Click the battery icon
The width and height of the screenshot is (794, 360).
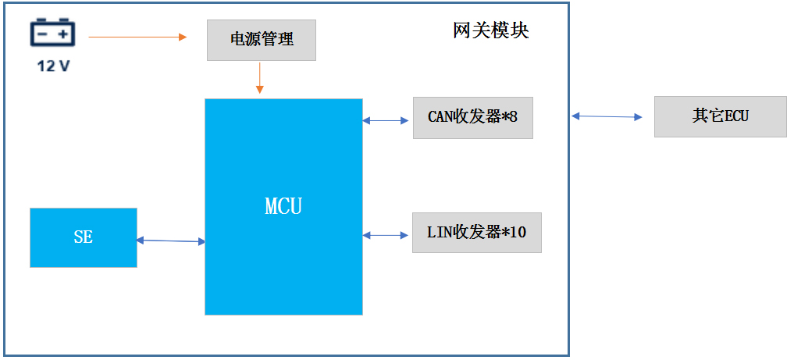52,34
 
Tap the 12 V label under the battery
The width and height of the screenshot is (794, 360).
53,66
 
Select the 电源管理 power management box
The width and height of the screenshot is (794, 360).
261,40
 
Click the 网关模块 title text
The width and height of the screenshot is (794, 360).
490,30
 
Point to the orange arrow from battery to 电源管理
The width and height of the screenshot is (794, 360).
137,37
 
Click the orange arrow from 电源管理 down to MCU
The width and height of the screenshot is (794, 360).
259,77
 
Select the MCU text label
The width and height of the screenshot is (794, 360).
283,207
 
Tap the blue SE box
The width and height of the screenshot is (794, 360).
83,237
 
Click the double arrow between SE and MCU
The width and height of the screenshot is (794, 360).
170,241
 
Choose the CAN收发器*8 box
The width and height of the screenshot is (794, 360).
472,118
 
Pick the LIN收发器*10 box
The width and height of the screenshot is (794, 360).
476,233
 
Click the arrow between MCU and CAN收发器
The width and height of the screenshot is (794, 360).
386,120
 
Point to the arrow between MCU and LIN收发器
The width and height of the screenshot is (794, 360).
386,234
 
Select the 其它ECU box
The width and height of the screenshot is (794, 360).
720,116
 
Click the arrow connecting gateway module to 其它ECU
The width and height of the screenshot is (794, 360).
607,116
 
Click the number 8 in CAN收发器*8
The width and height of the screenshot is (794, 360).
513,117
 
